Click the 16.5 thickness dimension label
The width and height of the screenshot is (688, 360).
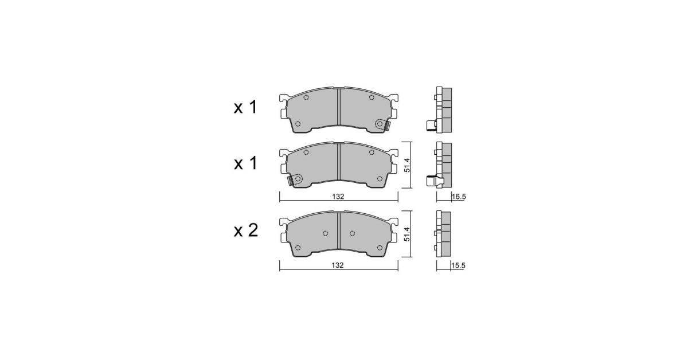coord(459,197)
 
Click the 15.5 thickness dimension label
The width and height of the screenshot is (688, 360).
coord(458,265)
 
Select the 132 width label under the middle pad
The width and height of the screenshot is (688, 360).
coord(338,197)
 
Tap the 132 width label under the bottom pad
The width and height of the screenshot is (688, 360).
coord(337,265)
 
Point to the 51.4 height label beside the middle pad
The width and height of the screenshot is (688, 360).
coord(407,165)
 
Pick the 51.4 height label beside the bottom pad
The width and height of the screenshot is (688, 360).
coord(407,234)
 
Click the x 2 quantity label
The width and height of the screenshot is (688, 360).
coord(246,230)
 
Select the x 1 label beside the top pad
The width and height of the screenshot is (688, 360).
coord(245,108)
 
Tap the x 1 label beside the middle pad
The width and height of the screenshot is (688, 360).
coord(245,163)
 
